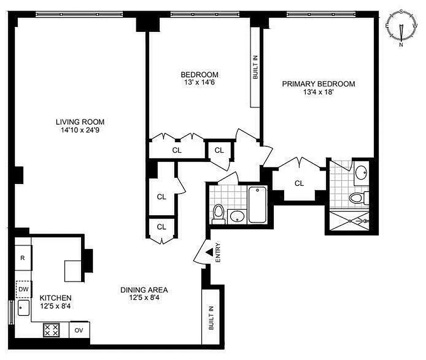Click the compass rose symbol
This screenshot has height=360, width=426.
point(401,28)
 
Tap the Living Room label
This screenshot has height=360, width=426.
point(80,121)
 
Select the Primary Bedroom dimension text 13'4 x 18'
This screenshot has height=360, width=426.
point(318,92)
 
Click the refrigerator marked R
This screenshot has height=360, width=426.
point(23,258)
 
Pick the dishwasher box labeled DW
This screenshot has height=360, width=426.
point(23,289)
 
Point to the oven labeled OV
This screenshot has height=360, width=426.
point(79,330)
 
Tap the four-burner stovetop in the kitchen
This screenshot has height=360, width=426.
point(50,330)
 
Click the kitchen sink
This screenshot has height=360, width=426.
point(23,309)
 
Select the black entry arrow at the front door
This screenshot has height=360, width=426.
point(209,253)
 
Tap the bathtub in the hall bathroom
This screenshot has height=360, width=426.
point(257,205)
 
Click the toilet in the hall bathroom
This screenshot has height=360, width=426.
point(218,213)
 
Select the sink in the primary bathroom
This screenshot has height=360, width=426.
point(361,172)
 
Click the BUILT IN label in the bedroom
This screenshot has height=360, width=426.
point(255,67)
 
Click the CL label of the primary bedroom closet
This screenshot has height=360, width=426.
point(299,183)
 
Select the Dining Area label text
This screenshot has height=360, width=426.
point(144,290)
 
